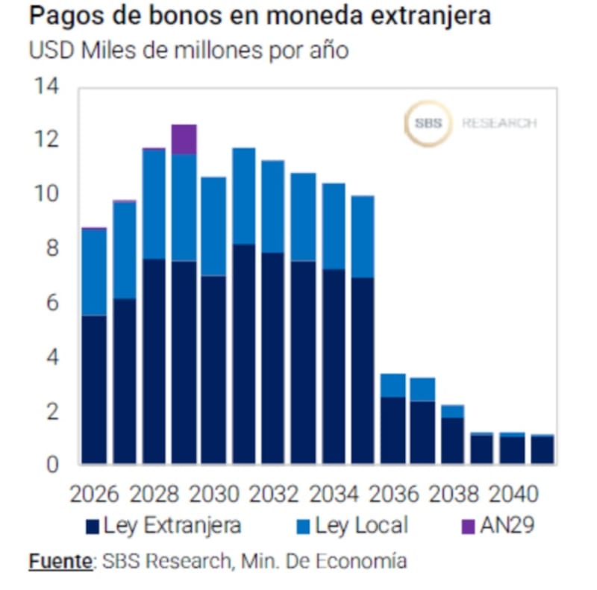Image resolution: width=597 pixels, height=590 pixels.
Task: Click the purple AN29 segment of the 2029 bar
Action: point(184,139)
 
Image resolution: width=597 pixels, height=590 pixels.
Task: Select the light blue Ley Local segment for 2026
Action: point(94,272)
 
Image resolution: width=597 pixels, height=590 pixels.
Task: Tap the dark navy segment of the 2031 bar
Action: point(243,354)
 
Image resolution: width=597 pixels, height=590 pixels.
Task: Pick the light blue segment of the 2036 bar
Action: point(393,385)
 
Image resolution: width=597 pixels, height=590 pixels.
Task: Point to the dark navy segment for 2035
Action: point(363,371)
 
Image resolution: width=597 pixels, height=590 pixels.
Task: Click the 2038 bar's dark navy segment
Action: point(452,440)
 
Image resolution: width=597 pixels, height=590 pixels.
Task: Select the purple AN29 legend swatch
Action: point(468,527)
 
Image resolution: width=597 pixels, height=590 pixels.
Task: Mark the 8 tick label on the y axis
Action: point(50,248)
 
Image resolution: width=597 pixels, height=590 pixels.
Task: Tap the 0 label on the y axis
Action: point(50,465)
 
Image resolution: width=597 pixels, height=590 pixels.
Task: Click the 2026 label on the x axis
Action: point(94,494)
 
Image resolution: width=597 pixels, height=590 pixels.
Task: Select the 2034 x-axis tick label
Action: point(334,494)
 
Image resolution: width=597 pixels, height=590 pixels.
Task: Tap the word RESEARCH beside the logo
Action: point(498,123)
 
